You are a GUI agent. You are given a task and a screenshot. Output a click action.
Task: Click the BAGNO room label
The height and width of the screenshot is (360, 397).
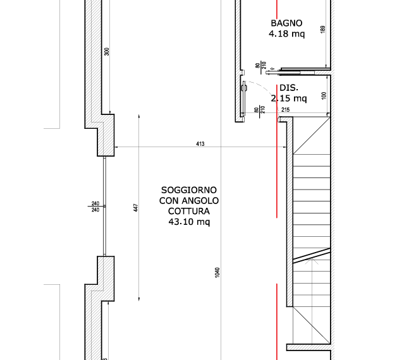(x=286, y=23)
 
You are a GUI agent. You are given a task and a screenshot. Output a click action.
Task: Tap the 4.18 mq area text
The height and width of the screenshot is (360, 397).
(x=286, y=33)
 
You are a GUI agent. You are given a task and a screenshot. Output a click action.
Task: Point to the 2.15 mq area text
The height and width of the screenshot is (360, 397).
(x=289, y=98)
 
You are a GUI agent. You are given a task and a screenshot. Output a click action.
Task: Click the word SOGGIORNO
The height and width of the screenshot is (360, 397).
(x=189, y=190)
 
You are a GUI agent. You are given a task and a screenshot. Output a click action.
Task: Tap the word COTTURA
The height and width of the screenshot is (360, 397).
(x=189, y=211)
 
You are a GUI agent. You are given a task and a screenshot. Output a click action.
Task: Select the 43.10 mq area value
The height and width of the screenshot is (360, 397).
(x=189, y=222)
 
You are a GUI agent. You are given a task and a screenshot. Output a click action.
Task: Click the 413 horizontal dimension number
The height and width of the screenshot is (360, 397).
(x=200, y=144)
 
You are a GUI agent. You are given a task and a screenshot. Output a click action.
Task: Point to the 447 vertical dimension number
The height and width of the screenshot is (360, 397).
(x=136, y=208)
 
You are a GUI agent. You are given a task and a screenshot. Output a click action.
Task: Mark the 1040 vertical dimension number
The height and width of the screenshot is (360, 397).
(x=217, y=272)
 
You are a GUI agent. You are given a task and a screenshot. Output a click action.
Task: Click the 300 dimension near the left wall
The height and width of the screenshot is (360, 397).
(x=107, y=52)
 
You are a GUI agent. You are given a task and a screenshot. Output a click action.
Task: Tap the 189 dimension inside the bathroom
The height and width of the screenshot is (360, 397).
(x=323, y=29)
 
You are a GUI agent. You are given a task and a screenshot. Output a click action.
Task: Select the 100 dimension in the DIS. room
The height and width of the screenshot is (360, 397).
(x=324, y=95)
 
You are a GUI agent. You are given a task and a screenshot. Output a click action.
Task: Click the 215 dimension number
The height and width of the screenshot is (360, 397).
(x=285, y=110)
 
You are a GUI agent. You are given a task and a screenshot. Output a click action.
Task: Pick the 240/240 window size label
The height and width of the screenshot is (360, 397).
(x=95, y=207)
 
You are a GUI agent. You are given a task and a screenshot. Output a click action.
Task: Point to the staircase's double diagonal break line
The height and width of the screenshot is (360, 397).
(x=312, y=256)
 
